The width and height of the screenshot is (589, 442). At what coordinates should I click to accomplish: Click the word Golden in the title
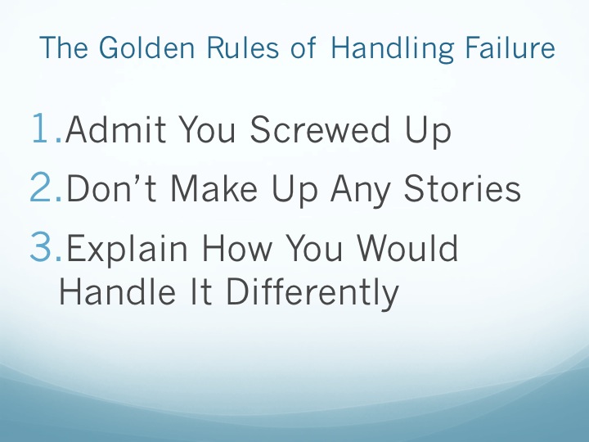click(x=147, y=47)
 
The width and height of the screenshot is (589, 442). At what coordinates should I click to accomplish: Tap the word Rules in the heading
click(x=243, y=47)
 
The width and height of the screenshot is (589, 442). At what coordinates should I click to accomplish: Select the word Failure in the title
click(x=510, y=47)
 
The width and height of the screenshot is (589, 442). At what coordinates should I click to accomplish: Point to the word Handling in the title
click(x=393, y=49)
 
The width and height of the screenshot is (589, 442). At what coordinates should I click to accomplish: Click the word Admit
click(x=115, y=129)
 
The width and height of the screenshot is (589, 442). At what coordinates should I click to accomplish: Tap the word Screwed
click(x=320, y=129)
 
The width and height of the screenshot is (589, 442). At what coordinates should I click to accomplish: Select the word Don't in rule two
click(x=110, y=188)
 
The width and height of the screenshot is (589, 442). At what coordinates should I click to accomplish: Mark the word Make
click(x=214, y=188)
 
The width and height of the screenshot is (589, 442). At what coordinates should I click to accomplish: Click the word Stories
click(x=462, y=188)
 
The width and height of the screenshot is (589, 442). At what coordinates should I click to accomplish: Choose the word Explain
click(x=127, y=250)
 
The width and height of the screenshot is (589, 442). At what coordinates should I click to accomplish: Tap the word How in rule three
click(x=236, y=247)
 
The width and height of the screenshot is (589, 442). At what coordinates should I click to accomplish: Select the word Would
click(x=407, y=247)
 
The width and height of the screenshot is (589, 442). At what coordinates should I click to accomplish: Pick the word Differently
click(x=312, y=294)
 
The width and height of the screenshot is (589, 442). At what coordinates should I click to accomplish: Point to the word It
click(x=201, y=291)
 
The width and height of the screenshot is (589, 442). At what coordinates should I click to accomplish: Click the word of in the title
click(x=303, y=47)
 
